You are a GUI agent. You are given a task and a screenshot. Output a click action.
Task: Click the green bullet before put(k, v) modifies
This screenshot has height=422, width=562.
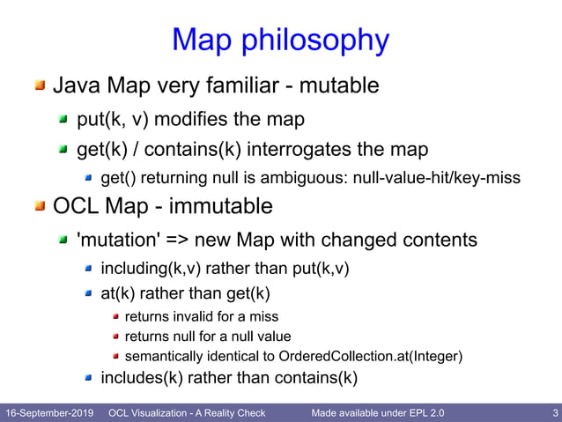63,117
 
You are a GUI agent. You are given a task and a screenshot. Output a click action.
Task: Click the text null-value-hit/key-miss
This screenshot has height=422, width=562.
436,178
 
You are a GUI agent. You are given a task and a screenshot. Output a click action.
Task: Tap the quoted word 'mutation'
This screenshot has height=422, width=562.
115,240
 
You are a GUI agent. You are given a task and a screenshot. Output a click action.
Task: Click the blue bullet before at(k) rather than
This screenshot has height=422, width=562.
88,293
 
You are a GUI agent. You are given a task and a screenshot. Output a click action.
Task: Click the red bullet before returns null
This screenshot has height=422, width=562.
115,337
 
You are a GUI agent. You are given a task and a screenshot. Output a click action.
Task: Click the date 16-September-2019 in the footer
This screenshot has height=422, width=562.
50,412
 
